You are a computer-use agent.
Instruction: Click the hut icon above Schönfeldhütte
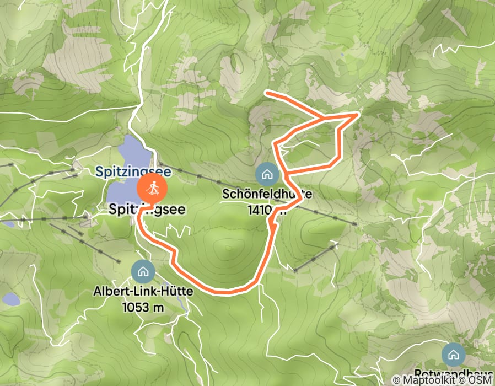[x=267, y=175]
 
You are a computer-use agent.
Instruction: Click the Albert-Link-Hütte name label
[x=144, y=291]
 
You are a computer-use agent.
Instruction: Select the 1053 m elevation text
[x=144, y=307]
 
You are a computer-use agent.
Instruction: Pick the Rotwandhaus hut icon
[x=453, y=353]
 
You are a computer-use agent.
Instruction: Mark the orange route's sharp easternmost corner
[x=359, y=114]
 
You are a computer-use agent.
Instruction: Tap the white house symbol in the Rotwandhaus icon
[x=453, y=353]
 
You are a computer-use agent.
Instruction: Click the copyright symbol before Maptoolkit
[x=397, y=380]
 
